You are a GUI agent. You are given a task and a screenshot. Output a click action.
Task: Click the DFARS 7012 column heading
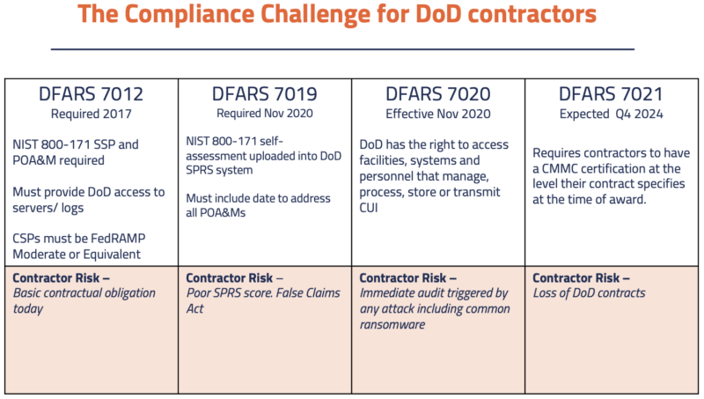pos(92,94)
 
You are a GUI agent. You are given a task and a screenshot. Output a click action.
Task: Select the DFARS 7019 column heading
pos(265,94)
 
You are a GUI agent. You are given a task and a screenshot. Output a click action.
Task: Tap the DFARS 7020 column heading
pos(439,94)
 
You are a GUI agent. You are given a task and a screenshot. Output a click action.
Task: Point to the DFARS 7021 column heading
pos(612,94)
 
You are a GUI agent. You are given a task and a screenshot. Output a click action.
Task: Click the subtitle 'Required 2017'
pos(92,114)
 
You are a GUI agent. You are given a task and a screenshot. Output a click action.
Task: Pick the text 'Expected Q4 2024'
pos(612,114)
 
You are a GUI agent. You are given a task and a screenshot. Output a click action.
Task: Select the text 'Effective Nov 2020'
pos(439,114)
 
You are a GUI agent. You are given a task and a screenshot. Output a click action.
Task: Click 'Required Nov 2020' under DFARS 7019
pos(265,114)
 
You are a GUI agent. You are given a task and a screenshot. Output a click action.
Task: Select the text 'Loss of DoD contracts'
pos(590,293)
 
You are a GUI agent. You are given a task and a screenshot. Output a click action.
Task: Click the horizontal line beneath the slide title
pos(342,49)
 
